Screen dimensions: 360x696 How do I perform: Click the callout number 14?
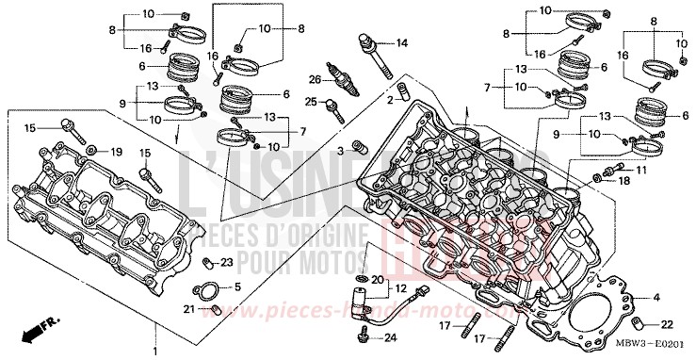click(402, 43)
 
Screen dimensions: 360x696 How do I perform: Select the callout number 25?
click(312, 102)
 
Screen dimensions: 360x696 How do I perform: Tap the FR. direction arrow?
click(35, 328)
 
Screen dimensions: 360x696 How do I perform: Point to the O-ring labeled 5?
click(207, 289)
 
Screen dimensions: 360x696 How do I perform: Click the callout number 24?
click(392, 337)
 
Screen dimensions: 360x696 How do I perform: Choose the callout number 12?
click(400, 287)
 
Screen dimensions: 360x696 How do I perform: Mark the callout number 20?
click(377, 281)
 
